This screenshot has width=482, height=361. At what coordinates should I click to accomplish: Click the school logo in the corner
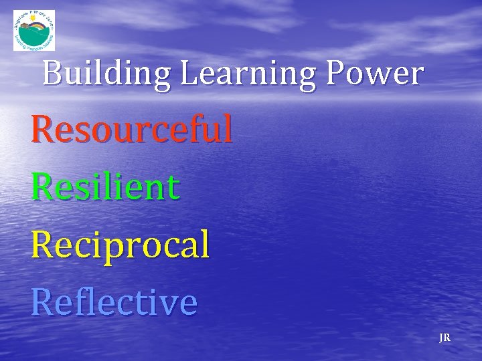tap(34, 30)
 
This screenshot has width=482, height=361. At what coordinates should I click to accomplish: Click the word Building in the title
tap(107, 74)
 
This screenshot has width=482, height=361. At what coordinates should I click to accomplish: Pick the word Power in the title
tap(375, 74)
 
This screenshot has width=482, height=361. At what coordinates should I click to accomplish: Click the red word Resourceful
tap(132, 129)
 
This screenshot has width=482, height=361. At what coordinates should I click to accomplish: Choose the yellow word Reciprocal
tap(120, 245)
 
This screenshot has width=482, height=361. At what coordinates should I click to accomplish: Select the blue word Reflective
tap(114, 302)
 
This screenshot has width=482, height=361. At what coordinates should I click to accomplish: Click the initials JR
tap(445, 338)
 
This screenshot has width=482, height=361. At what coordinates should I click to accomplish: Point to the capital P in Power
tap(336, 74)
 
